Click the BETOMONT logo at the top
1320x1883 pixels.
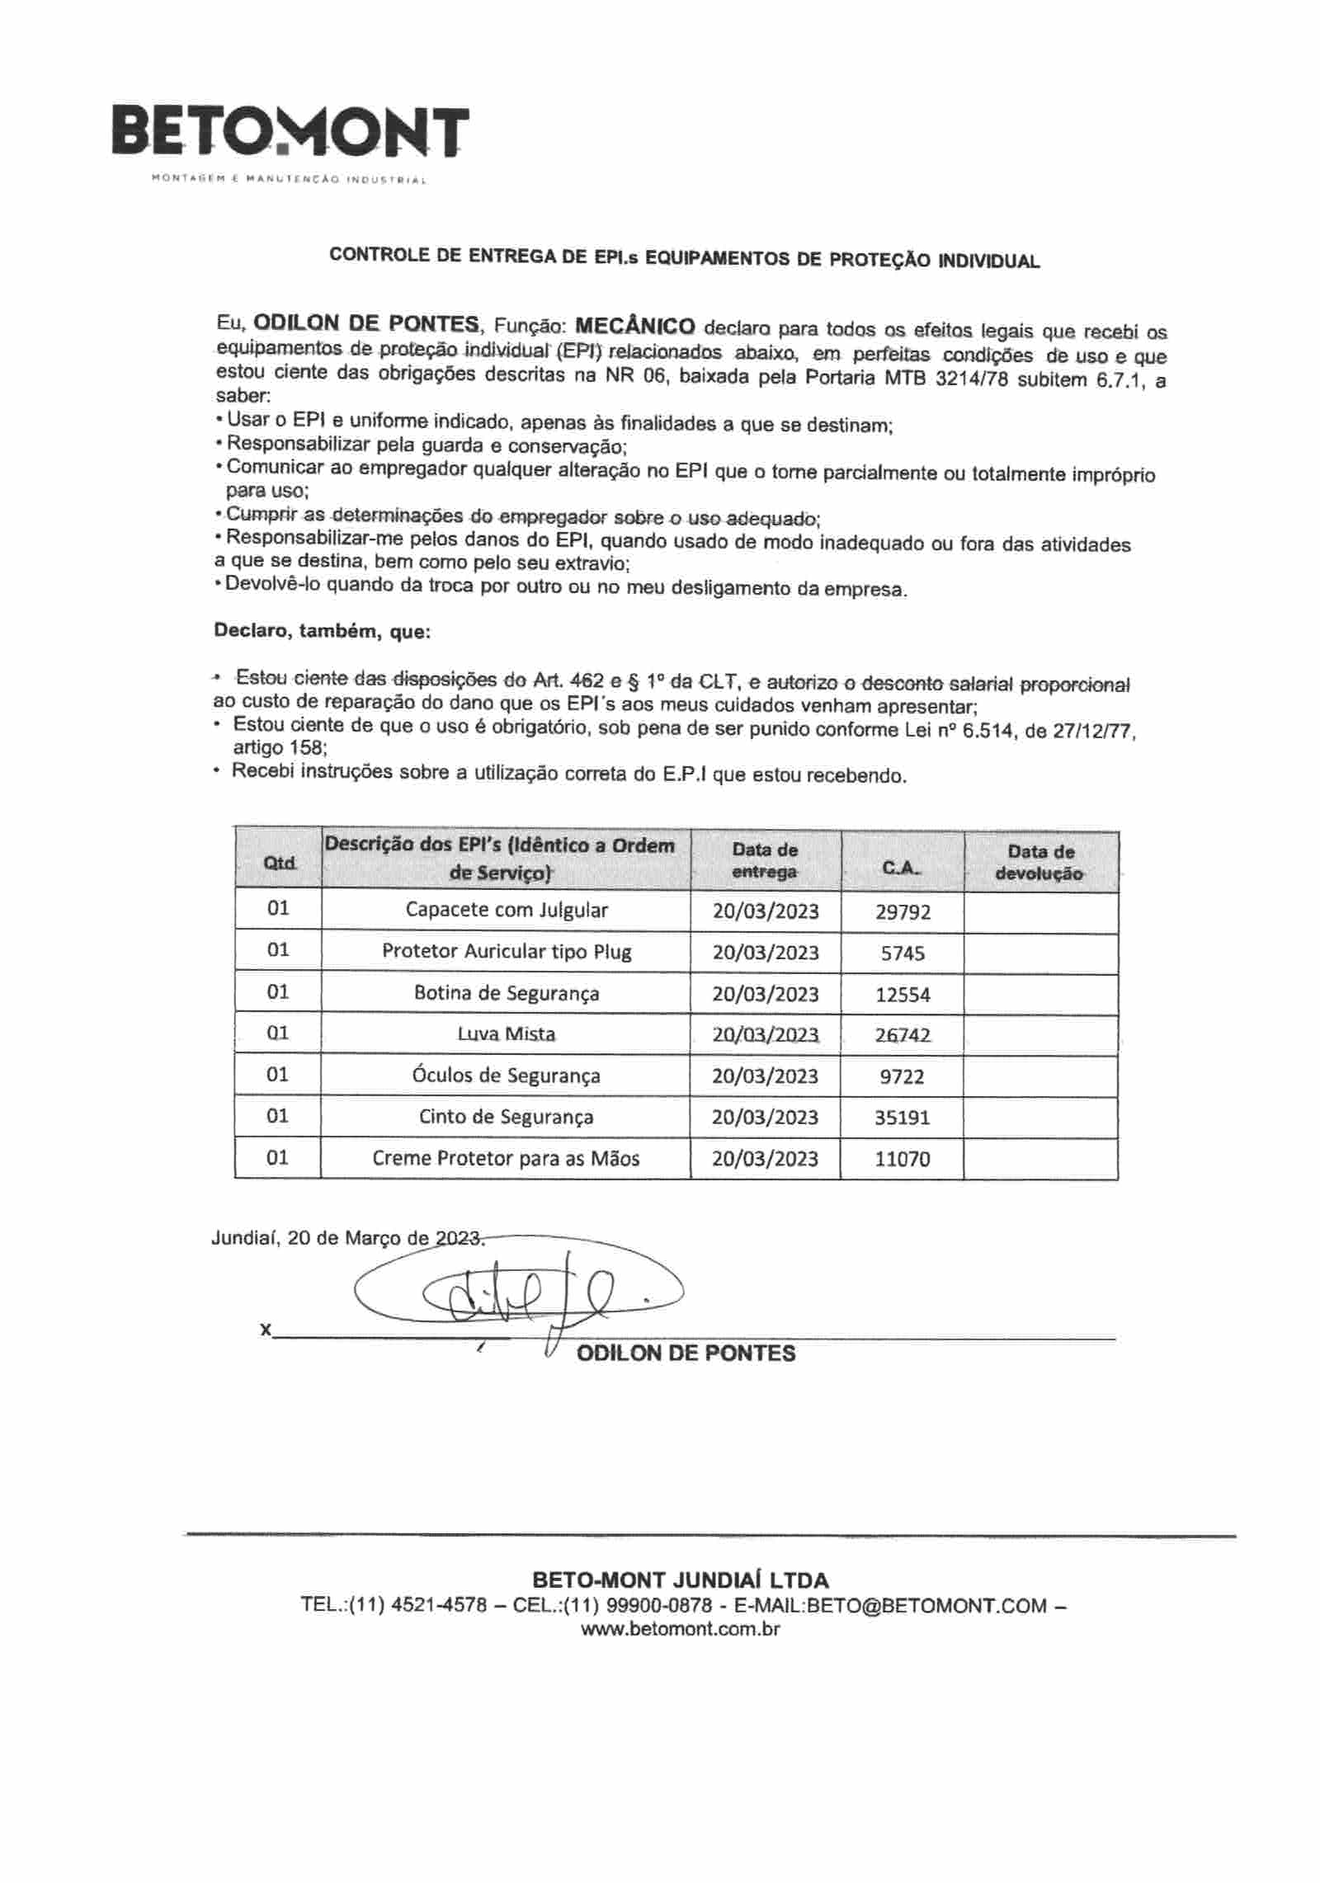(290, 132)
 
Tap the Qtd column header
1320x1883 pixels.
(279, 863)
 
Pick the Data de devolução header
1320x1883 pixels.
(1040, 863)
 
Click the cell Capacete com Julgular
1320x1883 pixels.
(506, 910)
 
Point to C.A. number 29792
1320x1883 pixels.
(903, 911)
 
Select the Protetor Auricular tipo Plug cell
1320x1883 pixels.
(506, 951)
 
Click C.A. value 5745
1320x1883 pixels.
(903, 953)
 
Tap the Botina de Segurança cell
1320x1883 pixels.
(506, 993)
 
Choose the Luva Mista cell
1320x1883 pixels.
(506, 1033)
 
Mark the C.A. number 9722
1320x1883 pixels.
(903, 1076)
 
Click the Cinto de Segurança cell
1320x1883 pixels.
(506, 1117)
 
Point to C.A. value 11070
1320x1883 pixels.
(903, 1159)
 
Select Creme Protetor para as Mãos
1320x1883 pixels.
(506, 1158)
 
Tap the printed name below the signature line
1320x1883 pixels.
(686, 1353)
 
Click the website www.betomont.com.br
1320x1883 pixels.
(681, 1629)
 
